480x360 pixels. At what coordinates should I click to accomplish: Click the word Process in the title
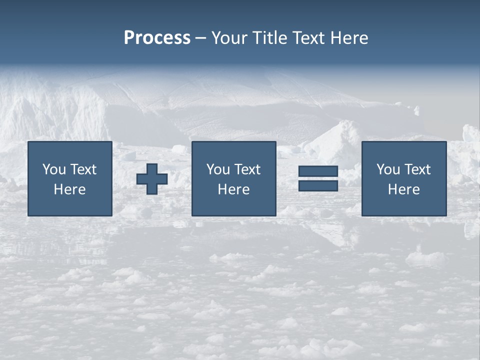pyautogui.click(x=157, y=38)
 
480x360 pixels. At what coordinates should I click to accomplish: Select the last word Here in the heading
pyautogui.click(x=349, y=38)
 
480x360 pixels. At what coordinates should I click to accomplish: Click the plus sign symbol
pyautogui.click(x=152, y=179)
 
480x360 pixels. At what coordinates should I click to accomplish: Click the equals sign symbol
pyautogui.click(x=318, y=178)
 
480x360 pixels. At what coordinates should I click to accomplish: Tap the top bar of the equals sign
pyautogui.click(x=318, y=171)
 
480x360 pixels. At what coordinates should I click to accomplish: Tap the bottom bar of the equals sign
pyautogui.click(x=318, y=185)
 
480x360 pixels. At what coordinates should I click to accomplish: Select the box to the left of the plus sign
pyautogui.click(x=70, y=178)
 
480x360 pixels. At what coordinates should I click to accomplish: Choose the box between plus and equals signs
pyautogui.click(x=233, y=178)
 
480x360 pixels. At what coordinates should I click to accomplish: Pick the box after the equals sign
pyautogui.click(x=404, y=178)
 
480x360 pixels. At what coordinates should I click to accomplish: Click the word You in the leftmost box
pyautogui.click(x=54, y=169)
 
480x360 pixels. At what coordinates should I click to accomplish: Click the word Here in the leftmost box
pyautogui.click(x=69, y=189)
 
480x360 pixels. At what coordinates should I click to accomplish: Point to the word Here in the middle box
pyautogui.click(x=233, y=189)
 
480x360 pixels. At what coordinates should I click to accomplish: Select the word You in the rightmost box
pyautogui.click(x=388, y=169)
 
